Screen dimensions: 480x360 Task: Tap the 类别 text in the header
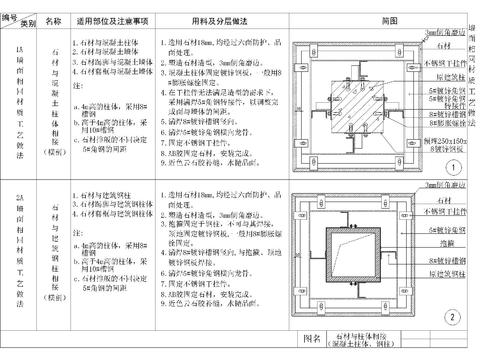pos(27,21)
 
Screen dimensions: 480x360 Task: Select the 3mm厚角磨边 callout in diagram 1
pos(441,32)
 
